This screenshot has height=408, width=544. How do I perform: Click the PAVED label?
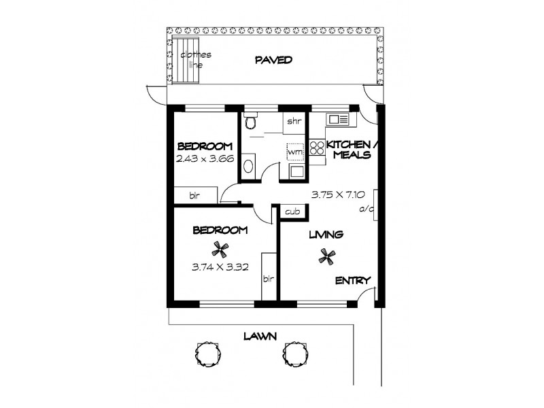click(x=273, y=60)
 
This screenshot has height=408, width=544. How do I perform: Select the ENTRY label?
click(x=353, y=280)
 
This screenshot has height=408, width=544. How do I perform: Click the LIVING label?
click(x=326, y=235)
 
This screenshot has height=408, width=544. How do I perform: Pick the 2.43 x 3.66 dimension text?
click(x=205, y=159)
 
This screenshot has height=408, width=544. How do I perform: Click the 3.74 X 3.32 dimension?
click(x=219, y=267)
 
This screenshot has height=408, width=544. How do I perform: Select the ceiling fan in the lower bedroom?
click(x=219, y=249)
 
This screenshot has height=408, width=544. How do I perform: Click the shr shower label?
click(x=294, y=122)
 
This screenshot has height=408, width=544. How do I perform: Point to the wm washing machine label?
click(x=294, y=152)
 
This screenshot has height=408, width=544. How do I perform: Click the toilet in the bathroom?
click(x=250, y=121)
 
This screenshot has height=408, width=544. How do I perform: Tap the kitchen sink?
click(x=338, y=120)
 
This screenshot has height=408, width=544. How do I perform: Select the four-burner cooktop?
click(x=318, y=148)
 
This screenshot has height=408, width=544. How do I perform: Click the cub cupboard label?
click(x=294, y=212)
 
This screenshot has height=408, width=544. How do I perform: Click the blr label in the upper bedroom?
click(x=194, y=196)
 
